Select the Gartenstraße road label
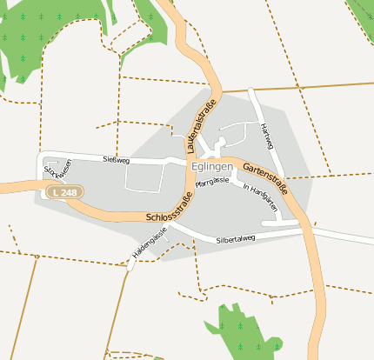pyautogui.click(x=265, y=179)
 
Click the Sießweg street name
pyautogui.click(x=115, y=160)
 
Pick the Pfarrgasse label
pyautogui.click(x=212, y=181)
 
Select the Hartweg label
pyautogui.click(x=267, y=136)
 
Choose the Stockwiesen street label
pyautogui.click(x=55, y=173)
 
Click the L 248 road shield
pyautogui.click(x=63, y=191)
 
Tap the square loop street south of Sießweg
pyautogui.click(x=144, y=178)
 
